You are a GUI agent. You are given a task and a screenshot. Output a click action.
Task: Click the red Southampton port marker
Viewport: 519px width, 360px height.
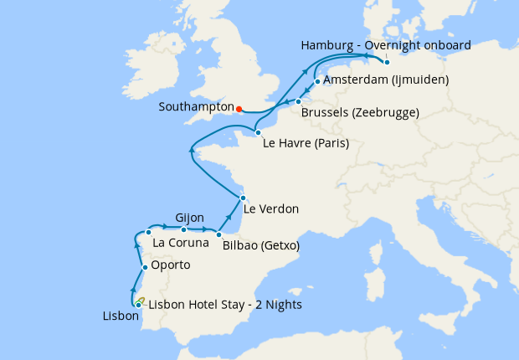[x=239, y=108]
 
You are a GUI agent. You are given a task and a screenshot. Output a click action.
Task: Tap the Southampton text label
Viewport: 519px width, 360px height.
[x=195, y=108]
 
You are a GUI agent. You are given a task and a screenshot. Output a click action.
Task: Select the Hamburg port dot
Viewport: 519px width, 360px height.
[x=387, y=62]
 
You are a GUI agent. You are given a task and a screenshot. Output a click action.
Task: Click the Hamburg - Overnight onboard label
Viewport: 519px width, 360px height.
[x=385, y=44]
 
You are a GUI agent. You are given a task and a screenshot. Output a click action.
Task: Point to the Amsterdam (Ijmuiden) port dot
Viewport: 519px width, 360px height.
[x=317, y=81]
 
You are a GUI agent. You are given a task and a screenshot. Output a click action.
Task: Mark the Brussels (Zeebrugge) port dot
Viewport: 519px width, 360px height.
[x=298, y=101]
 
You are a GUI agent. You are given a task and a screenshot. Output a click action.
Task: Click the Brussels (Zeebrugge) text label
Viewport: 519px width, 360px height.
[x=359, y=112]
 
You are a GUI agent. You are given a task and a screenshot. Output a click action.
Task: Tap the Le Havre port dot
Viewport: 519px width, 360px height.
[x=258, y=132]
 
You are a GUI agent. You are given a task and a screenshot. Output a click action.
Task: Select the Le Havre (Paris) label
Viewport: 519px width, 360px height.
[x=306, y=143]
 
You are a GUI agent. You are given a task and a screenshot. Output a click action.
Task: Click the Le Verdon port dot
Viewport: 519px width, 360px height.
[x=242, y=198]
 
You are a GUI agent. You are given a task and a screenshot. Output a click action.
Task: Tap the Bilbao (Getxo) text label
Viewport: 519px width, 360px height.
[x=261, y=246]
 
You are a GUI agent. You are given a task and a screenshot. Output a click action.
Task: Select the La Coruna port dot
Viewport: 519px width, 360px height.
[x=148, y=232]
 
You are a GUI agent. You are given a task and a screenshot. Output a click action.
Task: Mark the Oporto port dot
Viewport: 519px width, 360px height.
[x=145, y=268]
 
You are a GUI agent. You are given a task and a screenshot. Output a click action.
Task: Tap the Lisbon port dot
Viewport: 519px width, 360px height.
[x=138, y=306]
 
